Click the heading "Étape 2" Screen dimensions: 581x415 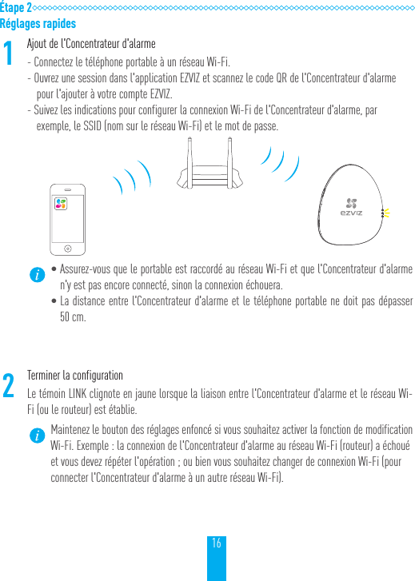16,7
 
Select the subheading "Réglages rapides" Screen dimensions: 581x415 38,23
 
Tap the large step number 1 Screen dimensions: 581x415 9,55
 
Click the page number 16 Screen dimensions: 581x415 217,543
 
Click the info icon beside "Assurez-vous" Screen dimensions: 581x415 36,274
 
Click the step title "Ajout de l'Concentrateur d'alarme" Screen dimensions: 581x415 91,43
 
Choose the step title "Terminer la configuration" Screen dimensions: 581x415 75,376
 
